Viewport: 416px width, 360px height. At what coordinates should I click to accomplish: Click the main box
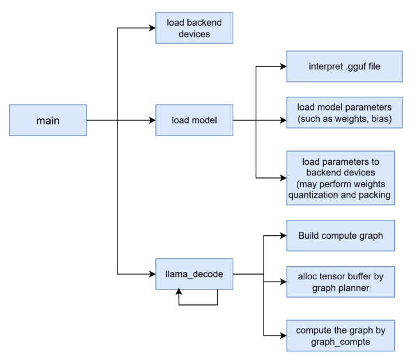click(x=48, y=120)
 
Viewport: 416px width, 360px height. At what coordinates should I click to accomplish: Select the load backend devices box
click(x=194, y=28)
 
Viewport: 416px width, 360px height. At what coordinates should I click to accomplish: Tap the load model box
click(x=194, y=120)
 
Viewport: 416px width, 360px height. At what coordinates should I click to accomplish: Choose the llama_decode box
click(x=194, y=274)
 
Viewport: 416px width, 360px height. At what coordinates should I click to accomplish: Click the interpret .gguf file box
click(x=340, y=66)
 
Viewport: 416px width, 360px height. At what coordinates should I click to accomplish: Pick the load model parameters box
click(x=340, y=113)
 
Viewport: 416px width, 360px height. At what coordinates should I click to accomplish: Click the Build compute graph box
click(x=340, y=235)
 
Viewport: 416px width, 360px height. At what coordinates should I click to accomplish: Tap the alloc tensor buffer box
click(x=340, y=282)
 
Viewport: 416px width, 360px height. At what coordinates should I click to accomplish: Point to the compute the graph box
click(x=340, y=336)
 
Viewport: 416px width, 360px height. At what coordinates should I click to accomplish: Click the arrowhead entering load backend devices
click(x=152, y=28)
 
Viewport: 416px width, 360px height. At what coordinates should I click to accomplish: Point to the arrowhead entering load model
click(x=152, y=120)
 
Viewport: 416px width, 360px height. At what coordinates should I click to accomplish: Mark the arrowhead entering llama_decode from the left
click(x=152, y=274)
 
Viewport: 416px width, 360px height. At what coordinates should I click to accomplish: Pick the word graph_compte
click(x=340, y=342)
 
